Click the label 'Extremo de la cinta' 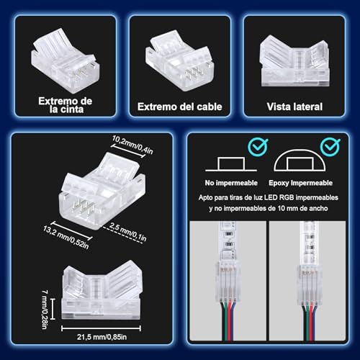(x=66, y=105)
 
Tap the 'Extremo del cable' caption (x=180, y=107)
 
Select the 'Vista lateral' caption (x=294, y=107)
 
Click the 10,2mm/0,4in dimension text (x=132, y=145)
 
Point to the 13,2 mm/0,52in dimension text (x=66, y=237)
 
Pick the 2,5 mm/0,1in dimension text (x=128, y=232)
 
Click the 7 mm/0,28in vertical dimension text (x=45, y=310)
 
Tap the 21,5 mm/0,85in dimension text (x=102, y=337)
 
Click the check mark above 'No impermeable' (x=258, y=147)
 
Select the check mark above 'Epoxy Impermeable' (x=330, y=147)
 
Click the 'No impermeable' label (x=231, y=183)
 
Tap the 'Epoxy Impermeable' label (x=300, y=183)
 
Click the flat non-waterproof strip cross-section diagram (x=231, y=164)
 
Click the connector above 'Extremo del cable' (x=179, y=60)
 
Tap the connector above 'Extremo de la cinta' (x=65, y=61)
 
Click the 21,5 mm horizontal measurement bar (x=101, y=328)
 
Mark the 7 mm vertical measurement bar (x=53, y=309)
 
